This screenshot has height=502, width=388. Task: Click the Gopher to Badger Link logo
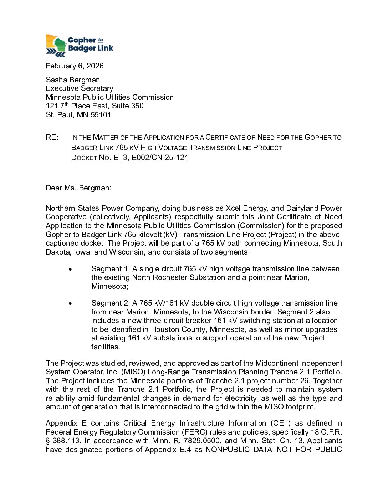[79, 45]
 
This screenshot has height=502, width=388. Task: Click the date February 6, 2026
[75, 66]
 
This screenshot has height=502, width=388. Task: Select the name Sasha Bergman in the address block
[73, 80]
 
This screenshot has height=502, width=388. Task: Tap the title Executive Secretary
[79, 88]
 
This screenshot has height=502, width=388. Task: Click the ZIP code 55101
[101, 115]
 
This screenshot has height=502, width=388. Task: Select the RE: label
[52, 138]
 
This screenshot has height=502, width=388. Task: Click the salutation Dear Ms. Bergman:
[78, 188]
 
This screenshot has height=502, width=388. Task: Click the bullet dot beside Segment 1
[70, 269]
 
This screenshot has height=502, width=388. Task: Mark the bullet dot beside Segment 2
[70, 303]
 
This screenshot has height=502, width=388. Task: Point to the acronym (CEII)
[281, 423]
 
